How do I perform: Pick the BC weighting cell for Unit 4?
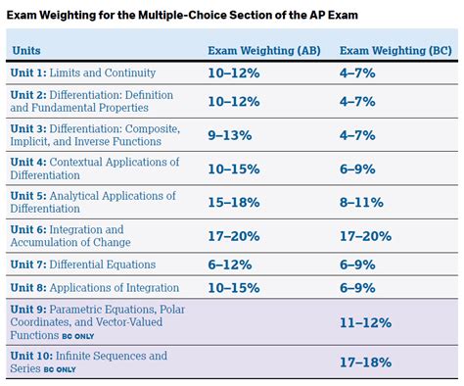pyautogui.click(x=358, y=169)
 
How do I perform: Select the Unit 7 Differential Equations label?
pyautogui.click(x=82, y=264)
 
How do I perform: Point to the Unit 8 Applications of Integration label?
pyautogui.click(x=94, y=287)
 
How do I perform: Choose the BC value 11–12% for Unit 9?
pyautogui.click(x=365, y=320)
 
